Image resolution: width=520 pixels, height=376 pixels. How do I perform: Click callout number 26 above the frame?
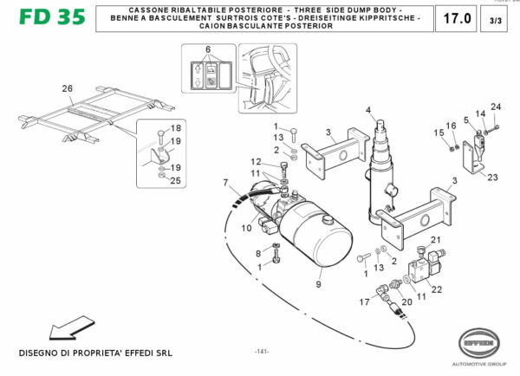tap(68, 88)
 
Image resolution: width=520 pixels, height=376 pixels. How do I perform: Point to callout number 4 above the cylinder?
tap(367, 110)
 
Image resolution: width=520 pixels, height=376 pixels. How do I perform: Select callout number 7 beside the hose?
tap(225, 183)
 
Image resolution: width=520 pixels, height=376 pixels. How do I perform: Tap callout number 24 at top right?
tap(495, 107)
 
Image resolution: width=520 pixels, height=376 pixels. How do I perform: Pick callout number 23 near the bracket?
tap(492, 177)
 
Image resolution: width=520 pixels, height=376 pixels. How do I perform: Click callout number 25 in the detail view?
tap(175, 180)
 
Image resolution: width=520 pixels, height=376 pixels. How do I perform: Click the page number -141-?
tap(262, 351)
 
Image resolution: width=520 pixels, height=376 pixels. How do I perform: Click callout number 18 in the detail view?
tap(175, 127)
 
